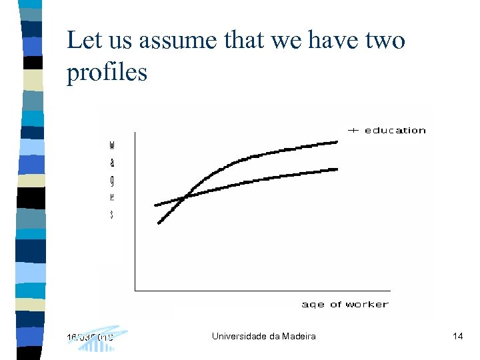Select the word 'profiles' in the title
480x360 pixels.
tap(107, 73)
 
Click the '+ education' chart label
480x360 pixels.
tap(387, 130)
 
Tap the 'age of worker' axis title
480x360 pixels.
tap(345, 304)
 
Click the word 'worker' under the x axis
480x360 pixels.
tap(367, 304)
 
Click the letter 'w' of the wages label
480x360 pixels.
tap(111, 144)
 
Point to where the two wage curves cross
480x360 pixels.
tap(185, 197)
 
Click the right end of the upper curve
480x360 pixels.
tap(338, 141)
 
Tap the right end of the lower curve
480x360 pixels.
tap(338, 169)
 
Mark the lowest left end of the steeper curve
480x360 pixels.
tap(159, 223)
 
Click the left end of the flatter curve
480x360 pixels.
tap(155, 205)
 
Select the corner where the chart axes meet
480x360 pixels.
tap(135, 290)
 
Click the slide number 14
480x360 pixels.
tap(457, 336)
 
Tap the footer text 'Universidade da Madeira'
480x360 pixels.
tap(263, 336)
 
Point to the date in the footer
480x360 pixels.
tap(90, 336)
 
